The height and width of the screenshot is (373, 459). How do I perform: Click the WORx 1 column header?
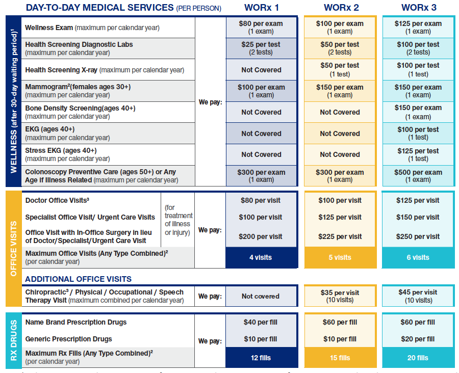pos(261,8)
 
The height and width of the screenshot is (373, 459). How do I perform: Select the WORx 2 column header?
pos(340,8)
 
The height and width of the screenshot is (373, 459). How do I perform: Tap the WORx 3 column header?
pos(418,8)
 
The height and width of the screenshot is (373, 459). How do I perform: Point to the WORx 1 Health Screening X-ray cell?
pos(261,70)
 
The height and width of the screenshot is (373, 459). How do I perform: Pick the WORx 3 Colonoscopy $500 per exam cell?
pos(418,176)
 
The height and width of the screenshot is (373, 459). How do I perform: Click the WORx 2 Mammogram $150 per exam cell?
pos(340,91)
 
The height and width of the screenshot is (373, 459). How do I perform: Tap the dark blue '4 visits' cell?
pos(261,257)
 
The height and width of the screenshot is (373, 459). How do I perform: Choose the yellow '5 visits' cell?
pos(340,257)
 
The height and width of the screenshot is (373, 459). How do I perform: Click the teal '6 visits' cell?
pos(418,257)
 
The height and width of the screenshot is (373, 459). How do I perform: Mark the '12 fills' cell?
pos(261,358)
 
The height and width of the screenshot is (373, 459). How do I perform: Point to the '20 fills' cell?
pos(418,358)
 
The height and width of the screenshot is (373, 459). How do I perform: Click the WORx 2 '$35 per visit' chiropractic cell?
pos(340,296)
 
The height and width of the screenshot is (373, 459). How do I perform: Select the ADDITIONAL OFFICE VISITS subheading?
pos(78,279)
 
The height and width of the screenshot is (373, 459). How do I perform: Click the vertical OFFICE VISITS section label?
pos(13,248)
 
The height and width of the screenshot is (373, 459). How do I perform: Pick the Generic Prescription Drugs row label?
pos(68,339)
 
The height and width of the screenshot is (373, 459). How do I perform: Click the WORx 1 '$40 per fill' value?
pos(261,322)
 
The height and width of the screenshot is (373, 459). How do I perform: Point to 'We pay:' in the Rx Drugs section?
pos(210,341)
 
